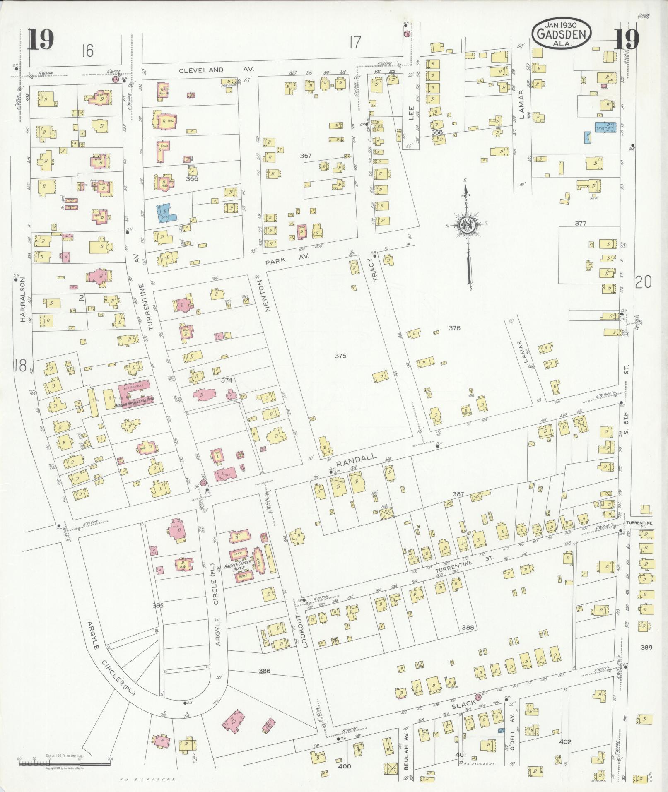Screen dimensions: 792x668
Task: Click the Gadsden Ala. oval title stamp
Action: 562,33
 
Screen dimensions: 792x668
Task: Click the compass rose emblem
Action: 468,225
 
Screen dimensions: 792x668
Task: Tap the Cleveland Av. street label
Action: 216,70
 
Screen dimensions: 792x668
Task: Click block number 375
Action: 340,356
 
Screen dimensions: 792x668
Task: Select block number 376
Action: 454,328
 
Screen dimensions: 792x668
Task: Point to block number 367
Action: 306,156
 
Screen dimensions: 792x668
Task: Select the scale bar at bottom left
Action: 64,761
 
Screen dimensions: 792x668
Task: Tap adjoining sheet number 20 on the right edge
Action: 643,282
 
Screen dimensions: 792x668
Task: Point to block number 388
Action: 467,627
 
